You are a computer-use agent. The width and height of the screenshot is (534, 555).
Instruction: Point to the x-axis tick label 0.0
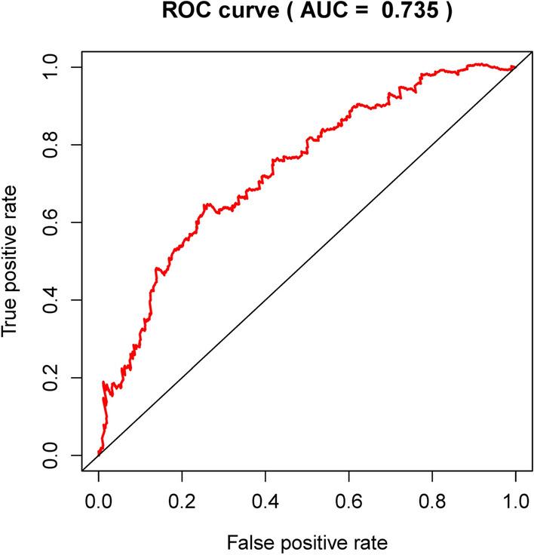tap(99, 499)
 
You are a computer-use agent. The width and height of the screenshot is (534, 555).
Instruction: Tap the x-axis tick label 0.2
tap(182, 499)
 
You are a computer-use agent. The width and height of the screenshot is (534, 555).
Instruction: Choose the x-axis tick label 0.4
tap(265, 499)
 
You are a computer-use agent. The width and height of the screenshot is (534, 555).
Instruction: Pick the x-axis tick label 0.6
tap(348, 499)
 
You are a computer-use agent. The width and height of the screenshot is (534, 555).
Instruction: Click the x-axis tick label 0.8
tap(432, 499)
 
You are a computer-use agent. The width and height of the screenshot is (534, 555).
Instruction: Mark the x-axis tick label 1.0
tap(515, 499)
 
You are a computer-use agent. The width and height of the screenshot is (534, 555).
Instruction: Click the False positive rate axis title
tap(307, 541)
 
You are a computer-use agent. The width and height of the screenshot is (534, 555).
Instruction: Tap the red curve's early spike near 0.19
tap(104, 382)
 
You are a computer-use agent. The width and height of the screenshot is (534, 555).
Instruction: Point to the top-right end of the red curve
tap(514, 67)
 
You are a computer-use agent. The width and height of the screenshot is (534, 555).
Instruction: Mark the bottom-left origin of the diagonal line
tap(99, 455)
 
